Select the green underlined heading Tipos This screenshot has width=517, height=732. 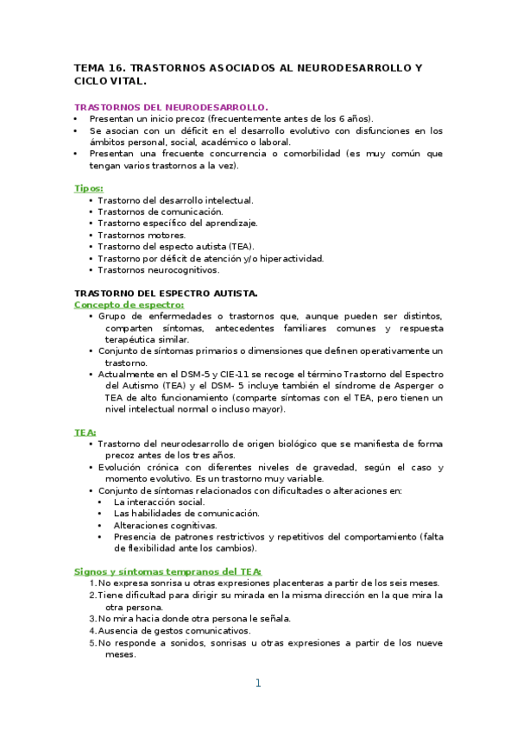pos(89,188)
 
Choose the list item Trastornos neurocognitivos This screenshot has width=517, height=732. pos(158,269)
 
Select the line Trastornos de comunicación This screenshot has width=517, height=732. pos(160,211)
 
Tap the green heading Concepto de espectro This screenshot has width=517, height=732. pos(129,305)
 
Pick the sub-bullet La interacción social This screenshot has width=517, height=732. pos(159,502)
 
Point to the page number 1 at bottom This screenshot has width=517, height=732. pos(257,684)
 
